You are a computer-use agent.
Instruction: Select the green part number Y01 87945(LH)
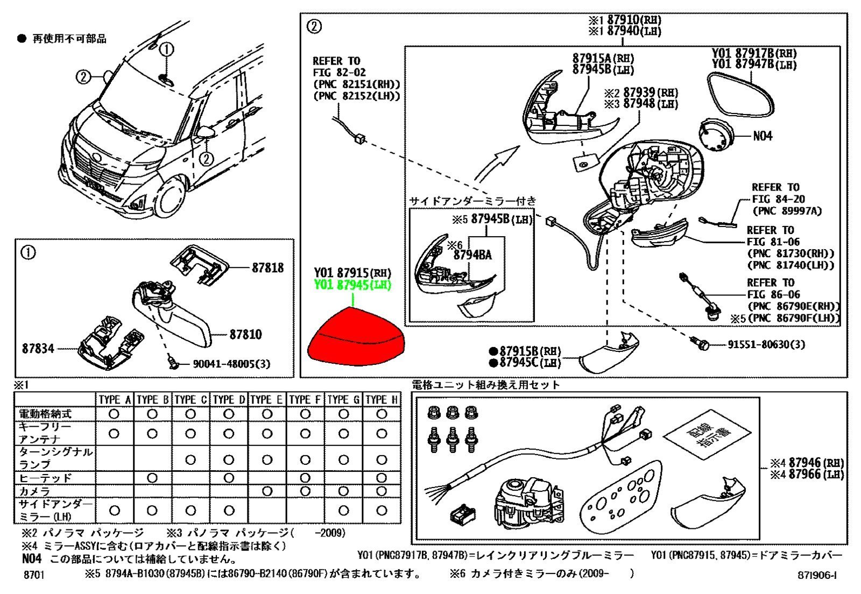click(352, 285)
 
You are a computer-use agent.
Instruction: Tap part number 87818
click(267, 267)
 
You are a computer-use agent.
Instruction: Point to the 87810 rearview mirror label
click(245, 335)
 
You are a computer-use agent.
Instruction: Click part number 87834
click(38, 349)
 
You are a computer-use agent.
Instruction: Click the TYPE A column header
click(115, 400)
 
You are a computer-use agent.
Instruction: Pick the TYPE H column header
click(382, 400)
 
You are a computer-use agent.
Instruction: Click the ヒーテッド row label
click(45, 478)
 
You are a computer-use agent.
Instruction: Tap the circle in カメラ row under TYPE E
click(267, 491)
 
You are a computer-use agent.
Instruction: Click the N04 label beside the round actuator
click(763, 136)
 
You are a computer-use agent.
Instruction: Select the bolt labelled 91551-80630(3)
click(703, 345)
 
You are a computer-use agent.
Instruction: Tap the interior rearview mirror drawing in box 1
click(172, 317)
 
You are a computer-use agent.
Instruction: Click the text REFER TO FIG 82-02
click(339, 66)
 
